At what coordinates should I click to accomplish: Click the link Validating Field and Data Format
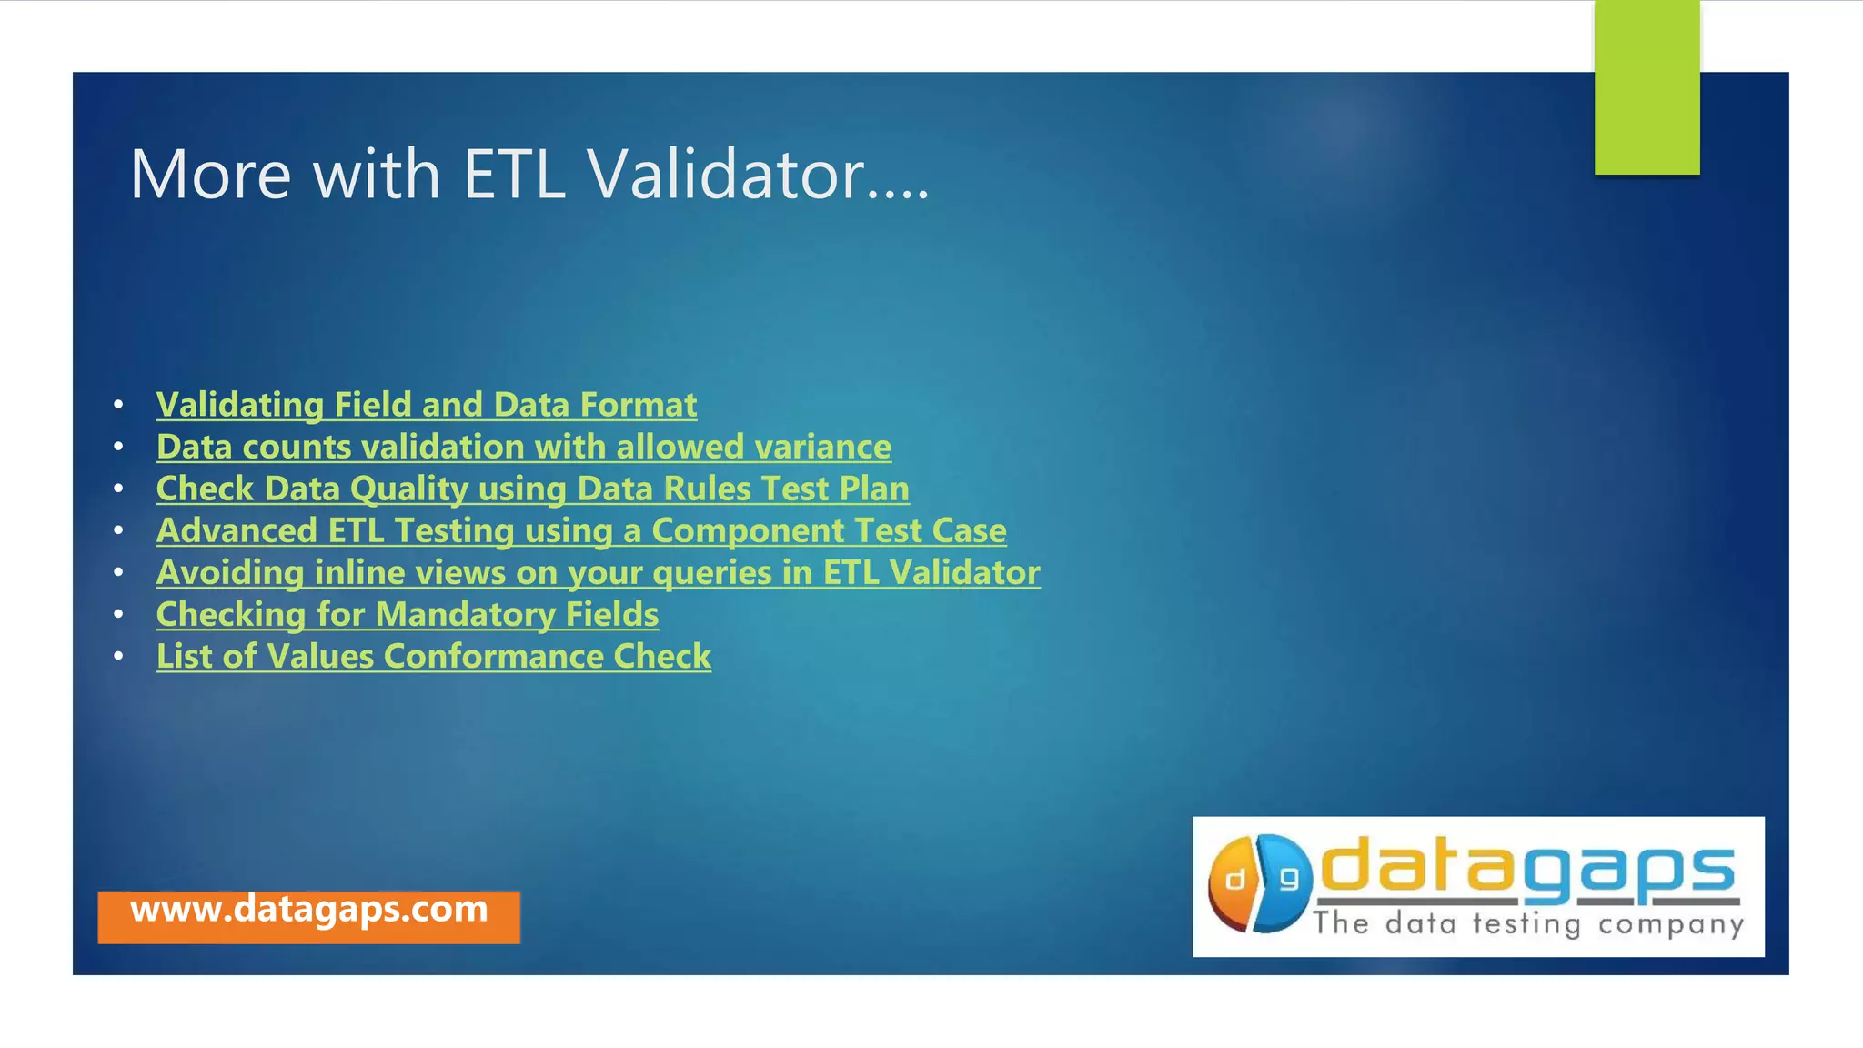point(426,405)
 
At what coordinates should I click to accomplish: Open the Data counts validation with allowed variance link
point(523,447)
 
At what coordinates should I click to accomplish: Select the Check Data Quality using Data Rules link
point(532,489)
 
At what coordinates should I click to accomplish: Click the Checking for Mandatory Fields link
point(407,614)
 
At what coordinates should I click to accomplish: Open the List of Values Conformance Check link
point(433,656)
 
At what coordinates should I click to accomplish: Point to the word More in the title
point(210,174)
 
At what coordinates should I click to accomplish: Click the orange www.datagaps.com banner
point(308,913)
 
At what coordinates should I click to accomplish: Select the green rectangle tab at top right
point(1646,87)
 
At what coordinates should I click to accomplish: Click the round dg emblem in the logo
point(1260,883)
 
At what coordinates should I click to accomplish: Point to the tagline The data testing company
point(1527,924)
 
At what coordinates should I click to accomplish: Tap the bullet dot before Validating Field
point(118,405)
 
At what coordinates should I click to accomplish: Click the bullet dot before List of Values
point(118,656)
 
